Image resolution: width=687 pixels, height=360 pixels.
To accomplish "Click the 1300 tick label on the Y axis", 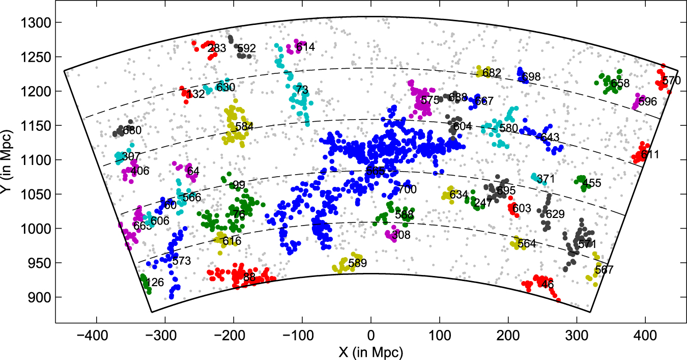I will (x=35, y=23).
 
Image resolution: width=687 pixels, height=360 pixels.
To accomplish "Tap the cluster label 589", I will (x=357, y=263).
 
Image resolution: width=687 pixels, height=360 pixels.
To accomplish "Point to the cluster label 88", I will (x=249, y=278).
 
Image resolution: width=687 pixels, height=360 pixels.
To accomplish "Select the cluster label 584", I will (x=244, y=126).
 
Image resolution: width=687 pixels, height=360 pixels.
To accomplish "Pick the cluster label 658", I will (x=620, y=84).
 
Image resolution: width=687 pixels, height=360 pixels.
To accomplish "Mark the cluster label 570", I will (x=671, y=80).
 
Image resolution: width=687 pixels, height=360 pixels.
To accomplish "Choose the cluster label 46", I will (x=548, y=284).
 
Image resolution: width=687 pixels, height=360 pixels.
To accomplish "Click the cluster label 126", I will (x=154, y=282).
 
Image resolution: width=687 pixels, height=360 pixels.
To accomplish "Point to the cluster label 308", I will (x=401, y=235).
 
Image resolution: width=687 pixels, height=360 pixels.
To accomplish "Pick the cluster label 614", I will (x=305, y=47).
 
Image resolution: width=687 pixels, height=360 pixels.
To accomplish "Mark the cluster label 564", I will (x=527, y=244).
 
